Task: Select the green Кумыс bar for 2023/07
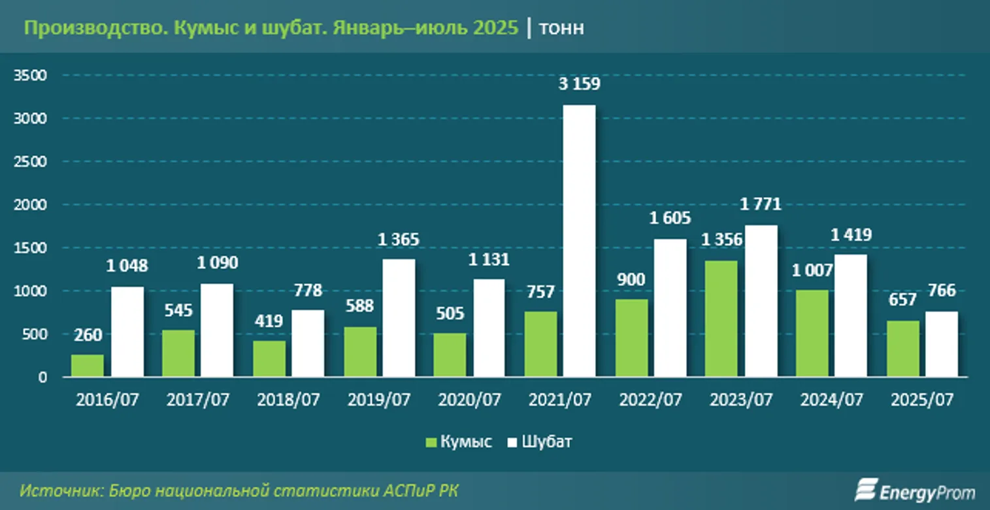click(721, 319)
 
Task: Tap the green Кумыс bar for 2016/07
click(88, 366)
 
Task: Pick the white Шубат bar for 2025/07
click(942, 343)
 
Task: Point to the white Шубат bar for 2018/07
click(308, 343)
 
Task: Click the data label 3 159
click(578, 85)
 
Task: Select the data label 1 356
click(721, 240)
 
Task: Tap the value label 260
click(88, 334)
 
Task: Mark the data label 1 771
click(761, 205)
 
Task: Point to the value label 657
click(902, 300)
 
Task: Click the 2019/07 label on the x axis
click(379, 400)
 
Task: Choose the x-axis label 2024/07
click(832, 400)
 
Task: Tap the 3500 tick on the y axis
click(31, 75)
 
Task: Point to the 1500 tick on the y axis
click(31, 247)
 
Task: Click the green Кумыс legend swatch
click(431, 443)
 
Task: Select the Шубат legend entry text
click(547, 442)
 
